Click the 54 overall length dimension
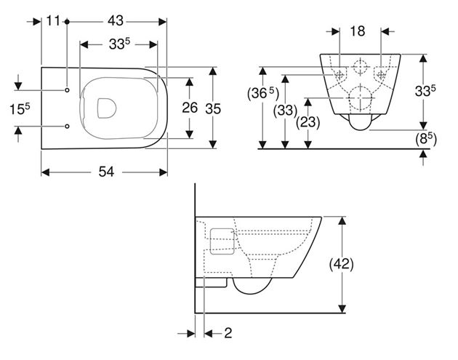(106, 172)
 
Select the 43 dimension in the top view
(116, 21)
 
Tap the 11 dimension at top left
(54, 21)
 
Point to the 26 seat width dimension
(190, 108)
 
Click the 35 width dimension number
(213, 109)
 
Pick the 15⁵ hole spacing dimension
(20, 109)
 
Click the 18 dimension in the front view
(358, 31)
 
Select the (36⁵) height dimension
(263, 94)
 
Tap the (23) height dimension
(308, 122)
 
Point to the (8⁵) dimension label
(426, 139)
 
